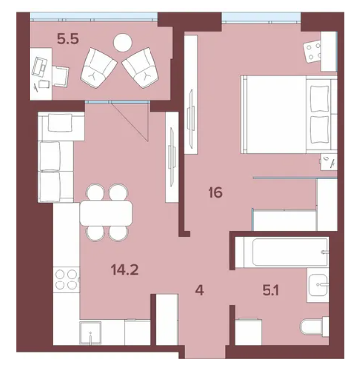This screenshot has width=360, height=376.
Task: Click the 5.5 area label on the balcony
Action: (x=68, y=39)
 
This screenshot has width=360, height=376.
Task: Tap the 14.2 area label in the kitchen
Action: (x=125, y=270)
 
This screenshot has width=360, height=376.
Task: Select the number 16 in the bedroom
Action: (x=215, y=193)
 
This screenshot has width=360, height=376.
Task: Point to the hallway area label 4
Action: (x=200, y=290)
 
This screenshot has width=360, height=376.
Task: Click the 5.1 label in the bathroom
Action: (x=270, y=290)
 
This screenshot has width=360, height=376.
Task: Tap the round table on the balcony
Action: (x=123, y=43)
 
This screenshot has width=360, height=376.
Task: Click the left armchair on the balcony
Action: (x=98, y=67)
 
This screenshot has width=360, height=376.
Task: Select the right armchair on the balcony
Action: (x=141, y=67)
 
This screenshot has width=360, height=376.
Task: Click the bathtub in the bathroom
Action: (x=281, y=252)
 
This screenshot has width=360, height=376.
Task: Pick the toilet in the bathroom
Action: (x=314, y=327)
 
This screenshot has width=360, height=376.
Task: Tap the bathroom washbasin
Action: (x=318, y=284)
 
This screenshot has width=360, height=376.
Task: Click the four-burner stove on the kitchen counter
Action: (x=66, y=280)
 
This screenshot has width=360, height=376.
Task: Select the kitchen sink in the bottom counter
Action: (x=90, y=332)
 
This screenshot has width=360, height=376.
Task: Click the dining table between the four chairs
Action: (x=106, y=214)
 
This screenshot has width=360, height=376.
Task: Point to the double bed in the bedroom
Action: (x=289, y=114)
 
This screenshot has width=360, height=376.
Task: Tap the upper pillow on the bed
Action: (x=320, y=97)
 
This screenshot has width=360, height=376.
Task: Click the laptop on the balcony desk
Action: (x=40, y=66)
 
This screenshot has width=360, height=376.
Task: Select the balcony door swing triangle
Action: (x=131, y=121)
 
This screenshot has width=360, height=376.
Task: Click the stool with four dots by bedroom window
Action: (x=313, y=52)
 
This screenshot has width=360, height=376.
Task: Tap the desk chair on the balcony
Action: (x=60, y=76)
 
